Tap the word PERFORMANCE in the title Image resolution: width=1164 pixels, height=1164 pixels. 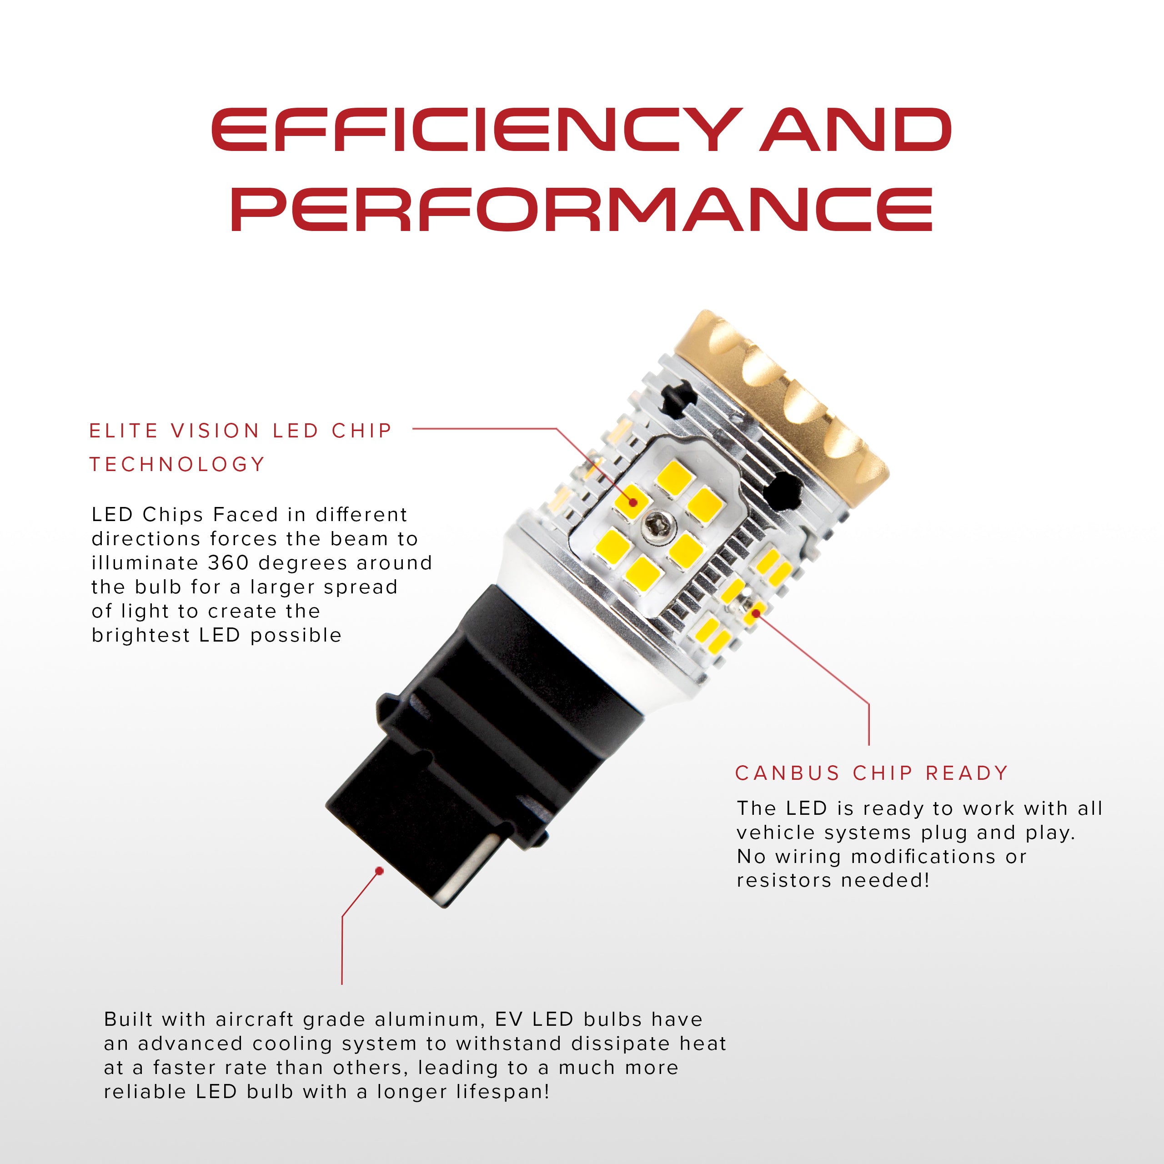tap(582, 209)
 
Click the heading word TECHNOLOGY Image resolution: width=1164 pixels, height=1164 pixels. tap(177, 465)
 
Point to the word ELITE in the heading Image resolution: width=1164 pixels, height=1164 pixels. tap(124, 431)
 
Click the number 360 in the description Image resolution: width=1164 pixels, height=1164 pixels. tap(228, 563)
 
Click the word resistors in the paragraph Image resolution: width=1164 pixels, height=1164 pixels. tap(783, 880)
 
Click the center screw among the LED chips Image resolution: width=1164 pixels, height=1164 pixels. tap(652, 528)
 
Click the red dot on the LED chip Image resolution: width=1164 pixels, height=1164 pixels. tap(634, 502)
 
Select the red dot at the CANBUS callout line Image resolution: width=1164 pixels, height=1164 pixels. tap(756, 613)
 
